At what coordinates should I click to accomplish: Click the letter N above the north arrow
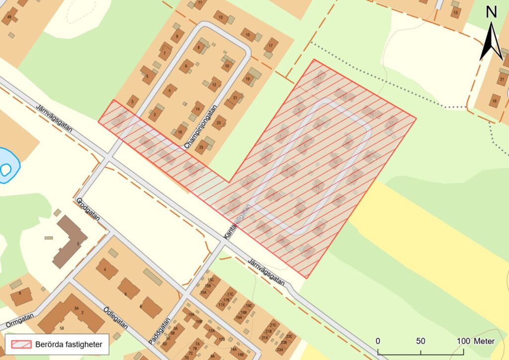491,12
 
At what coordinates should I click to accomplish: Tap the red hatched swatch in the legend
20,344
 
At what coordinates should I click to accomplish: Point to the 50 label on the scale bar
421,341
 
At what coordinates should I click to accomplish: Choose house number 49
9,17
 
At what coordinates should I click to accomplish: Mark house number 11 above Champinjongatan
200,4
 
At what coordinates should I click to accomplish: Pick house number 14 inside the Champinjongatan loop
198,108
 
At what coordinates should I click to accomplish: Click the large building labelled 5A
75,309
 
